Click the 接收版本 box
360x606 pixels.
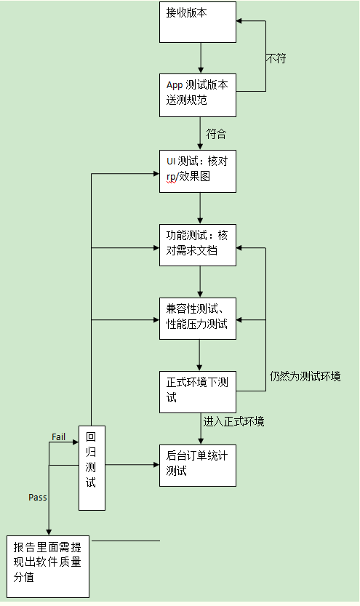[x=198, y=22]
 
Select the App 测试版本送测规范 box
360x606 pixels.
[x=198, y=95]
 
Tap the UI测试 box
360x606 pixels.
[x=198, y=171]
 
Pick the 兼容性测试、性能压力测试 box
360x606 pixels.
[x=198, y=318]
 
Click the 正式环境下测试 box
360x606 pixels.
[x=198, y=391]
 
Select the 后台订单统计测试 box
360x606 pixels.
[x=198, y=465]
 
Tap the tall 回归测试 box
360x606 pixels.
[x=92, y=468]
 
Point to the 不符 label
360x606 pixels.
[x=276, y=59]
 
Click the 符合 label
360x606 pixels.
[x=216, y=134]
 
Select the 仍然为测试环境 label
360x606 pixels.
[x=305, y=376]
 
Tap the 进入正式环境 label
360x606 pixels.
[x=234, y=422]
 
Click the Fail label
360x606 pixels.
[x=60, y=436]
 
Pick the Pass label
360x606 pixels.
[x=38, y=497]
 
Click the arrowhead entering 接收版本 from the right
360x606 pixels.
[x=241, y=21]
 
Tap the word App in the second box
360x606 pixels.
[x=175, y=85]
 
